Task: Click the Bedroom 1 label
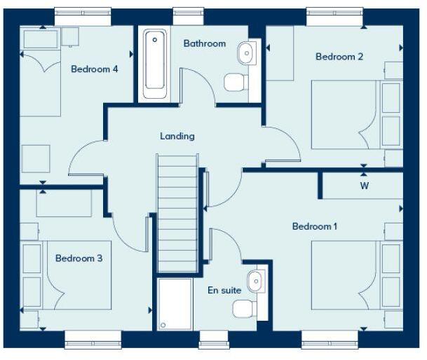[x=315, y=226]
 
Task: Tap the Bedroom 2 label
[x=339, y=57]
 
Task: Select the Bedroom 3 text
[x=79, y=258]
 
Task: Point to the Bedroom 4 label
[x=94, y=69]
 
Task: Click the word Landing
[x=177, y=137]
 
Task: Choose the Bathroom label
[x=205, y=43]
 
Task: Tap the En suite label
[x=224, y=290]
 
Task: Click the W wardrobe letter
[x=364, y=186]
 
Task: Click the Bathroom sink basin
[x=246, y=52]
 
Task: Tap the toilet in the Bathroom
[x=236, y=83]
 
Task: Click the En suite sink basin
[x=255, y=280]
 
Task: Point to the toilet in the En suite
[x=244, y=307]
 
